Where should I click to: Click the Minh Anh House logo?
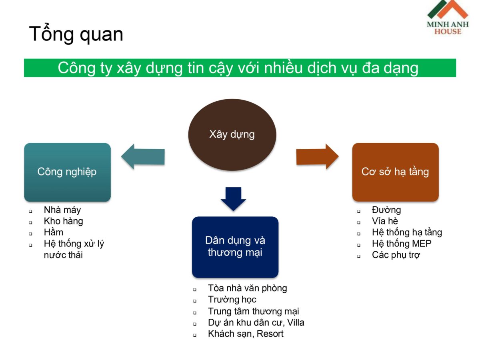pos(447,18)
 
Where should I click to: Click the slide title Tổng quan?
pos(76,34)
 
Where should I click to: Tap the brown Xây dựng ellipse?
pos(232,134)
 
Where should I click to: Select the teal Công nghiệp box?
pos(67,172)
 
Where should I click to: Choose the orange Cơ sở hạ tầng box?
pos(395,172)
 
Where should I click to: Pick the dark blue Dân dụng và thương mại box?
pos(235,247)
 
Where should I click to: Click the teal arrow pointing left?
pos(143,156)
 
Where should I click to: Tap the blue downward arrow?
pos(233,198)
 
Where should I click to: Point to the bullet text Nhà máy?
pos(62,210)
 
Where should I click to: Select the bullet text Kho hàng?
pos(64,221)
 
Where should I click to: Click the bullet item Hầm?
pos(54,232)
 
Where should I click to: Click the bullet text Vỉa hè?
pos(385,221)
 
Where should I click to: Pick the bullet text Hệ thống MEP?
pos(402,244)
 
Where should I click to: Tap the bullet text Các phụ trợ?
pos(396,255)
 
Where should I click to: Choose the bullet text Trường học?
pos(232,300)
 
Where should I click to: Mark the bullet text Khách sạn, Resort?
pos(246,334)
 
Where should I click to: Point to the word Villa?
pos(296,322)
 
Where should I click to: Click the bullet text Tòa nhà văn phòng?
pos(247,288)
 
